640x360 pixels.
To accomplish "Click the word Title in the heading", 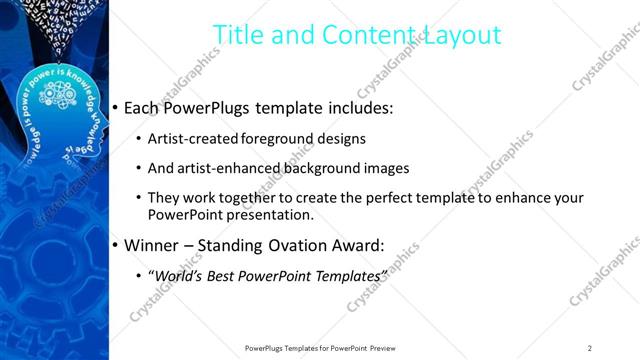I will [x=239, y=35].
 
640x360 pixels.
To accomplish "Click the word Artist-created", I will [x=188, y=139].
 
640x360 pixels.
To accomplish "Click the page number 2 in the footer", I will [x=589, y=347].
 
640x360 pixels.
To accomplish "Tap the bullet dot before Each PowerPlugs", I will [x=116, y=106].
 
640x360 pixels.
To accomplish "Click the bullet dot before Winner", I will [x=116, y=245].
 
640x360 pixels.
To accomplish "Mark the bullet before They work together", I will [x=137, y=198].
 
